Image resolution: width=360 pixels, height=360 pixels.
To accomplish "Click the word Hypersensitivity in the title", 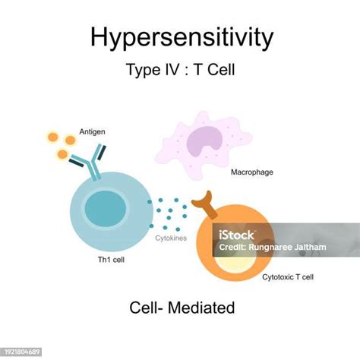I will [179, 37].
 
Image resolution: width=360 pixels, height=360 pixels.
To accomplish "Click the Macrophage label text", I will [252, 172].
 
